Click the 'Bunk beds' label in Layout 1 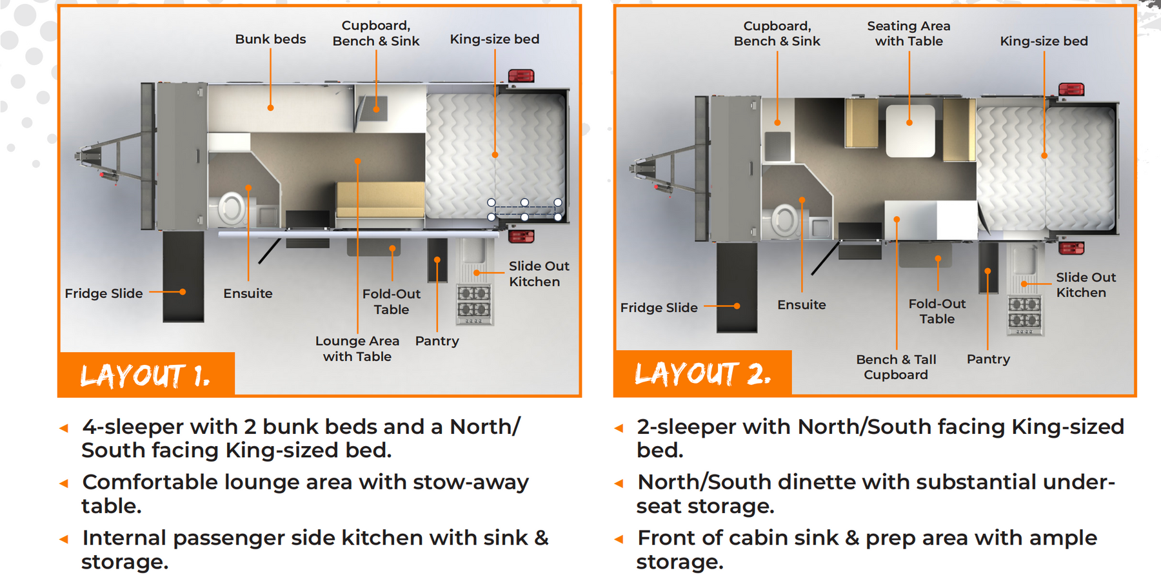point(270,39)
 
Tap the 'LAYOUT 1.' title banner point(146,375)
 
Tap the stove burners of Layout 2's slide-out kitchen point(1025,313)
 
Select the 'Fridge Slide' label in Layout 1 point(104,293)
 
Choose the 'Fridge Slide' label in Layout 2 point(659,308)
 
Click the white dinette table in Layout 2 point(910,131)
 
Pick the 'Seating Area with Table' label point(909,34)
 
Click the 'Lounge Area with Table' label point(357,349)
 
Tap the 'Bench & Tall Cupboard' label point(896,367)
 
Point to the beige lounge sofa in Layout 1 point(380,200)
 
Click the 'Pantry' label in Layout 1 point(437,341)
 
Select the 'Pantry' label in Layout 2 point(988,359)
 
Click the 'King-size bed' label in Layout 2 point(1044,41)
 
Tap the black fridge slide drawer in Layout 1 point(183,277)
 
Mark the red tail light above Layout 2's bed point(1071,90)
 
